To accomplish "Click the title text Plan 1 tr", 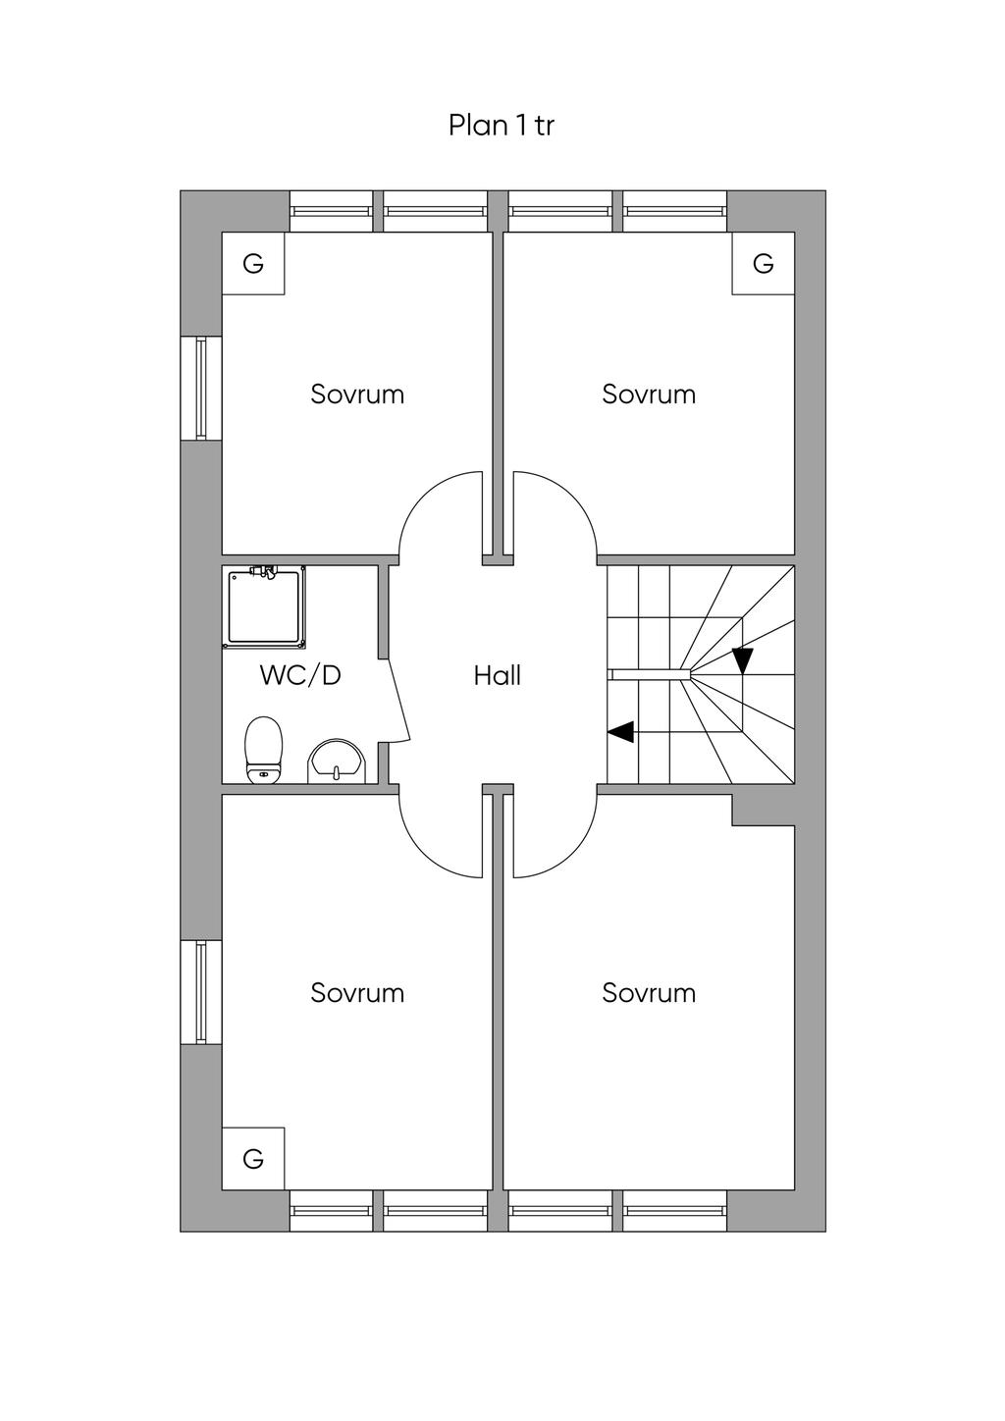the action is point(502,126).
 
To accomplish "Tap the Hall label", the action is point(498,675).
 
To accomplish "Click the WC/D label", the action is point(300,675).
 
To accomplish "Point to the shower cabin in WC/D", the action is point(264,607).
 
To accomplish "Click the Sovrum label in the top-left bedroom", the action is point(357,394).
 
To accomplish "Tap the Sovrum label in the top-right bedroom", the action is point(649,394).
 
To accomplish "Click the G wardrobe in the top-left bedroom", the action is point(253,263).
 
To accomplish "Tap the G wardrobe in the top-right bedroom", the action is point(764,263).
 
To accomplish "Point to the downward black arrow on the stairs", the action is point(742,660).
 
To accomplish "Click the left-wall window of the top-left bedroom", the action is point(201,389).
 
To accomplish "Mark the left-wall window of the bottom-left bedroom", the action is point(201,992).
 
